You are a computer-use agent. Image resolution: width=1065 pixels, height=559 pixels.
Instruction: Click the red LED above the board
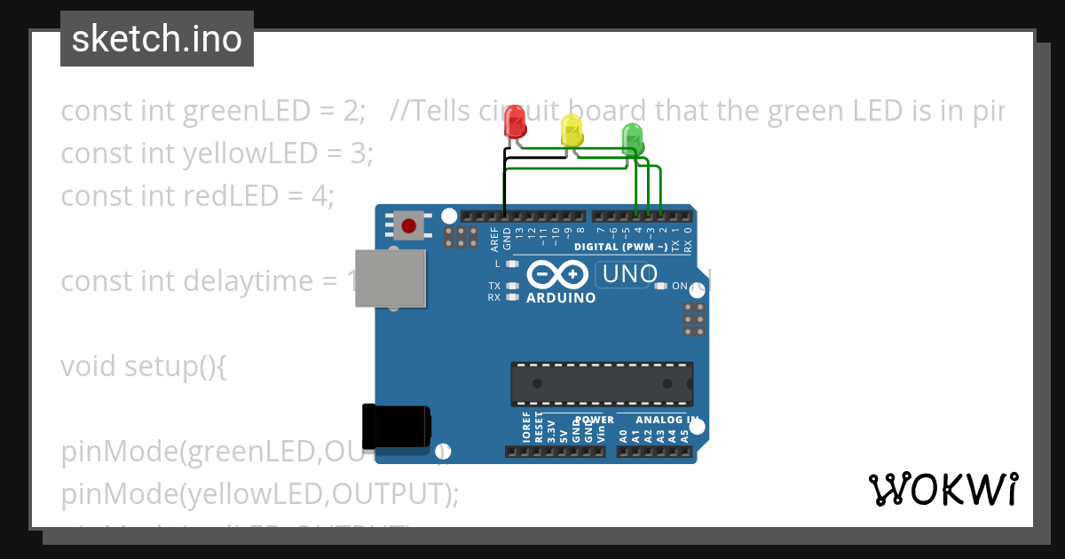[x=514, y=122]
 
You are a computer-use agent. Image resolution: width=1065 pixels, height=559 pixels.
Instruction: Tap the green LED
[x=632, y=138]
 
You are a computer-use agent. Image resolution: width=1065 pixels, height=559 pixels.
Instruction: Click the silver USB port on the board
[x=390, y=278]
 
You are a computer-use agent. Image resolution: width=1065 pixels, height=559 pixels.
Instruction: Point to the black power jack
[x=395, y=426]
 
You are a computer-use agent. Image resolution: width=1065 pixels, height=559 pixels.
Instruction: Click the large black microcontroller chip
[x=601, y=383]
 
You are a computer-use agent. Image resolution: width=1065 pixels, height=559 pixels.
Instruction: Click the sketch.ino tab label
[x=157, y=39]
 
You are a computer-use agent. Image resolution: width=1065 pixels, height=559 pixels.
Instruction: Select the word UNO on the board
[x=629, y=275]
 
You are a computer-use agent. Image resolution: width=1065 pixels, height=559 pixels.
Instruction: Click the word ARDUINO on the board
[x=561, y=298]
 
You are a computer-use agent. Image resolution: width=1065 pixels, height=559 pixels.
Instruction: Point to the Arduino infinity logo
[x=557, y=274]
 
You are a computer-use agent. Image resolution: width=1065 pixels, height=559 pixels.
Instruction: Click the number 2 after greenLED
[x=352, y=112]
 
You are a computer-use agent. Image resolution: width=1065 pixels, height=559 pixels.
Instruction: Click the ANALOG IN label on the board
[x=667, y=419]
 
